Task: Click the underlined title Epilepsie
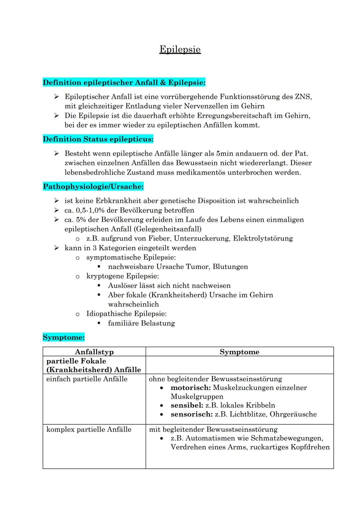[180, 49]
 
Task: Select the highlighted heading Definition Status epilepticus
[98, 139]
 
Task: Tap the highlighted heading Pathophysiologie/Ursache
[93, 187]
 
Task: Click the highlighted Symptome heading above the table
[64, 337]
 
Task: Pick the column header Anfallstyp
[94, 352]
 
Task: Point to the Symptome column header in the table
[239, 352]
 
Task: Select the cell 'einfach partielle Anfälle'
[87, 379]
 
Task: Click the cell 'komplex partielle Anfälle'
[89, 429]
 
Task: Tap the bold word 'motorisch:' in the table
[191, 388]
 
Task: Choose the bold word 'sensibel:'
[187, 405]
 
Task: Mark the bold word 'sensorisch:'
[192, 414]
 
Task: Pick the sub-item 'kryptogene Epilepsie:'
[123, 276]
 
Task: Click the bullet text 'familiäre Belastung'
[141, 323]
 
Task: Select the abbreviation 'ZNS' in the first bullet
[303, 97]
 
